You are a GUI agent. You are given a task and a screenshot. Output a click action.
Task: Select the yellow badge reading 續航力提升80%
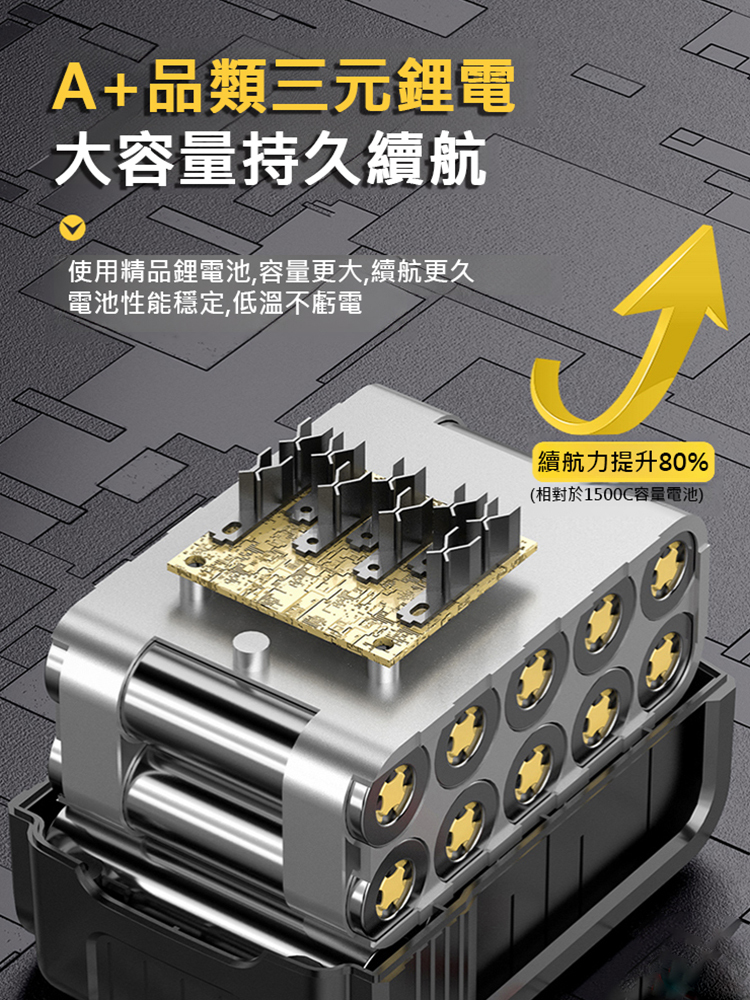point(623,462)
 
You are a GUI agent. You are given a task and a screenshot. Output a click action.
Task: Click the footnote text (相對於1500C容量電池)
point(617,495)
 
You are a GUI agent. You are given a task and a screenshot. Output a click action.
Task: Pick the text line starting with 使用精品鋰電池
point(270,270)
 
